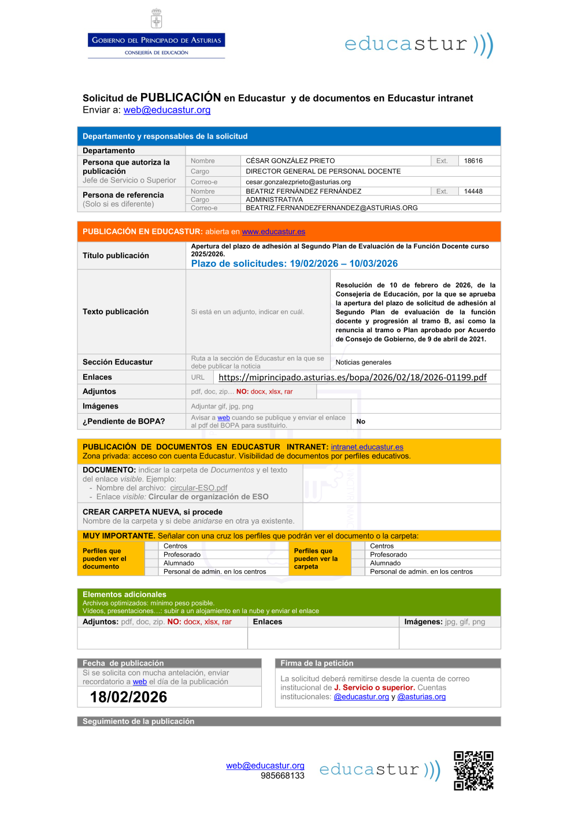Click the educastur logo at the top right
tap(418, 44)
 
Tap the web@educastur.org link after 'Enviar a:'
tap(167, 110)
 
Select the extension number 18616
tap(473, 161)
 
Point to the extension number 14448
tap(473, 191)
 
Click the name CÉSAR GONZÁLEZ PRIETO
tap(290, 161)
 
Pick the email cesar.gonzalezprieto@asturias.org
tap(298, 182)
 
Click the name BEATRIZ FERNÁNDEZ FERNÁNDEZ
tap(303, 191)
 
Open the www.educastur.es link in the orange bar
tap(273, 232)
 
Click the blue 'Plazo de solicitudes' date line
tap(294, 263)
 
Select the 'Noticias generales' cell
tap(363, 362)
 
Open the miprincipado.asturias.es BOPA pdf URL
tap(353, 377)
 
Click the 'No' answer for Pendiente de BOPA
tap(361, 422)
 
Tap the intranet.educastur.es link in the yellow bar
tap(367, 447)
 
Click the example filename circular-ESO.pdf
tap(199, 488)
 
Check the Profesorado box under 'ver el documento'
tap(151, 555)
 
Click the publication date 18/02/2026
tap(128, 697)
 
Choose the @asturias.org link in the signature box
tap(421, 697)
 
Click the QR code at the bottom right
tap(473, 771)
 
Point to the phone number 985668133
tap(282, 776)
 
